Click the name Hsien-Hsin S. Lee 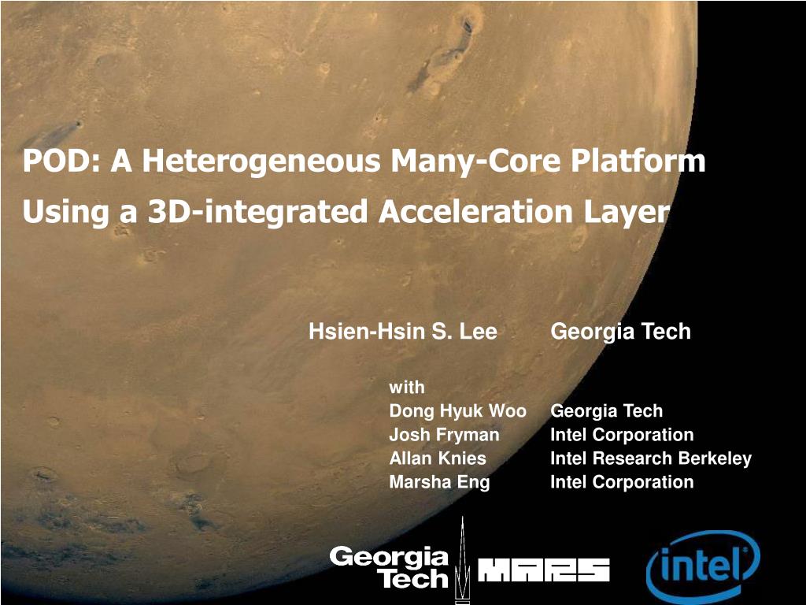click(403, 332)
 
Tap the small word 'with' click(407, 387)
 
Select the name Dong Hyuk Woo click(458, 411)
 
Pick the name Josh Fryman click(444, 435)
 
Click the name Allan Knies click(438, 458)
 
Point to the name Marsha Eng click(439, 483)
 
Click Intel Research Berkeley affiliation click(651, 458)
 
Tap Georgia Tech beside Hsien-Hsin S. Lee click(620, 332)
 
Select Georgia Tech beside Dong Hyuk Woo click(607, 411)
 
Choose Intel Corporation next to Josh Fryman click(622, 435)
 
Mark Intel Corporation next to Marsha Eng click(622, 482)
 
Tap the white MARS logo click(544, 570)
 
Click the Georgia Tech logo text click(390, 567)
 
